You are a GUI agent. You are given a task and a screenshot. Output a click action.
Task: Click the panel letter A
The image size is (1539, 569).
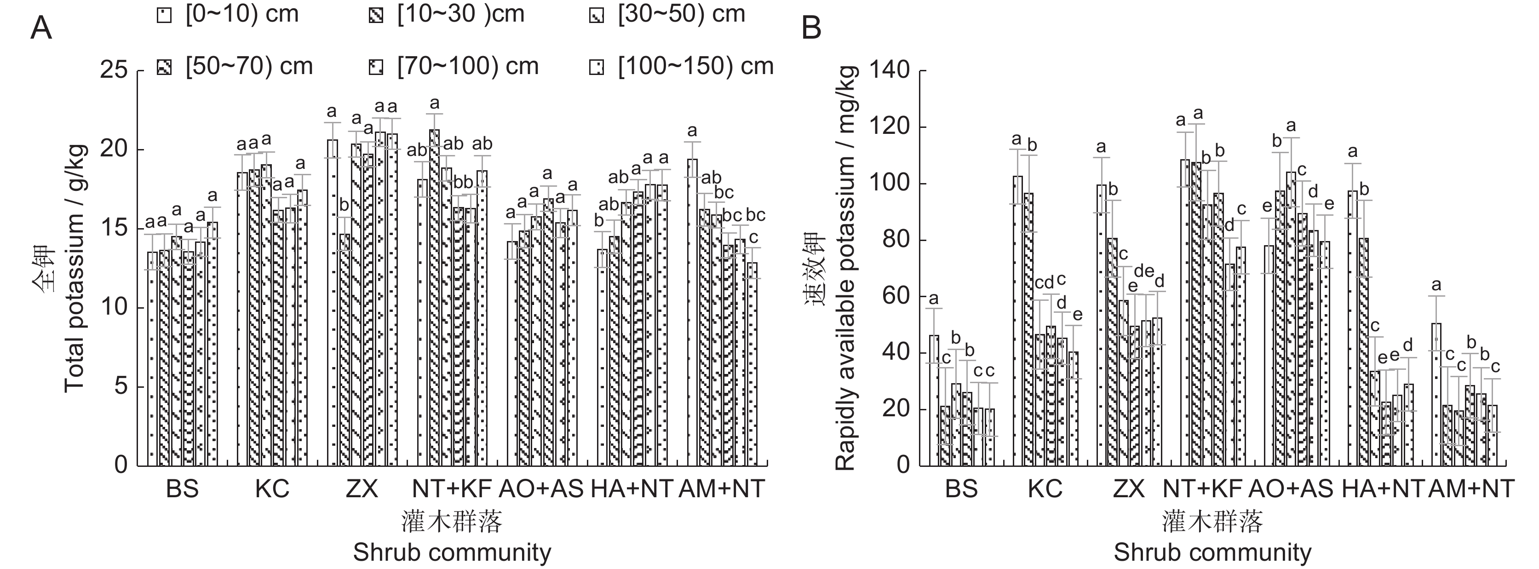[40, 28]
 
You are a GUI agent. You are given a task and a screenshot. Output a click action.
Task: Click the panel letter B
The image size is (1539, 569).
[811, 28]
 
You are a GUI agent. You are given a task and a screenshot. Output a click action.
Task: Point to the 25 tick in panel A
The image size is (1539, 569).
[114, 70]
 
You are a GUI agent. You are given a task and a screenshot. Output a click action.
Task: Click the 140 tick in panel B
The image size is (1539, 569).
[890, 70]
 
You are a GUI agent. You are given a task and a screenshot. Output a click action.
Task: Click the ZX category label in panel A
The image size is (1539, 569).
[362, 489]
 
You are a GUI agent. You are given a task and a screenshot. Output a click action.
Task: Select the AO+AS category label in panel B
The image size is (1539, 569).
[1291, 489]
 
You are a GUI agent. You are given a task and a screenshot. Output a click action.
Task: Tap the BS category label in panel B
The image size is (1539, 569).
[961, 489]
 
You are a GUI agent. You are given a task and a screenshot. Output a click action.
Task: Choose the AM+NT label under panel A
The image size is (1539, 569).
[722, 489]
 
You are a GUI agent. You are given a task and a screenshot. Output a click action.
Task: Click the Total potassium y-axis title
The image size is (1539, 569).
[74, 269]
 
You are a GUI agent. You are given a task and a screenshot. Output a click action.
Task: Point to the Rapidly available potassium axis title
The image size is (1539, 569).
[845, 269]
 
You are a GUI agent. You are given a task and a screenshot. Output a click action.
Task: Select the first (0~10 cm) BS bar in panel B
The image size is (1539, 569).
[934, 401]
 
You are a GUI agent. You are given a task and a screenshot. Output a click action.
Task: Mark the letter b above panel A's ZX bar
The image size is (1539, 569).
[344, 205]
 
